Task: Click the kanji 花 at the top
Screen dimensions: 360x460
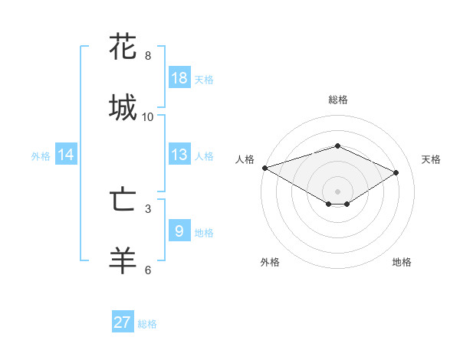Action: pyautogui.click(x=123, y=47)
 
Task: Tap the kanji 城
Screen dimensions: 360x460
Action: pyautogui.click(x=123, y=106)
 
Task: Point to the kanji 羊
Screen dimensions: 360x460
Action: pyautogui.click(x=123, y=260)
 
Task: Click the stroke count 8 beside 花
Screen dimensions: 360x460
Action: pyautogui.click(x=148, y=56)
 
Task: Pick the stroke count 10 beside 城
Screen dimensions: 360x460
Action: pyautogui.click(x=148, y=116)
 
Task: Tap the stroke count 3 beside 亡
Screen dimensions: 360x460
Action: pyautogui.click(x=148, y=208)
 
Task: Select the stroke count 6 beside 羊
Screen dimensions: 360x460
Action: pyautogui.click(x=148, y=270)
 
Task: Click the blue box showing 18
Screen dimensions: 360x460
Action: pyautogui.click(x=179, y=78)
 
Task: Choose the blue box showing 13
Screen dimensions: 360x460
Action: pyautogui.click(x=179, y=155)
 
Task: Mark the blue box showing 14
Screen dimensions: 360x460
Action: pyautogui.click(x=66, y=155)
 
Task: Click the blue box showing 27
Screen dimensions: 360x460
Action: pyautogui.click(x=123, y=322)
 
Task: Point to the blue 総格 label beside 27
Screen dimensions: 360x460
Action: pyautogui.click(x=147, y=324)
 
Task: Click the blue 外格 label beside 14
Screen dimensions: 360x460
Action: pyautogui.click(x=41, y=156)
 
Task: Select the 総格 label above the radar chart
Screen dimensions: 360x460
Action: pyautogui.click(x=337, y=100)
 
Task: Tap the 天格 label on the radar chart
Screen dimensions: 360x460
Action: pyautogui.click(x=431, y=159)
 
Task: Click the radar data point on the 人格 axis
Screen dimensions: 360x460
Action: pyautogui.click(x=264, y=167)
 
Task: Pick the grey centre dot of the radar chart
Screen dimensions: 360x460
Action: pyautogui.click(x=337, y=190)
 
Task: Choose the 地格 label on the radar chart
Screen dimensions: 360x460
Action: pyautogui.click(x=402, y=262)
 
